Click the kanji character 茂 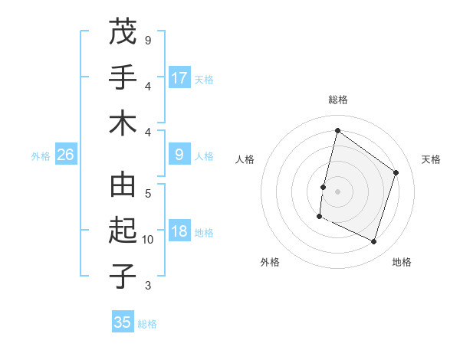pyautogui.click(x=123, y=31)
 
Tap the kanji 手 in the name pyautogui.click(x=123, y=77)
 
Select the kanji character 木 pyautogui.click(x=123, y=123)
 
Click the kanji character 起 pyautogui.click(x=123, y=230)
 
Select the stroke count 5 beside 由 pyautogui.click(x=148, y=194)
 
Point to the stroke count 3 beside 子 pyautogui.click(x=148, y=286)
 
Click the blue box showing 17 pyautogui.click(x=179, y=78)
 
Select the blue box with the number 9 pyautogui.click(x=179, y=155)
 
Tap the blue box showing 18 pyautogui.click(x=179, y=232)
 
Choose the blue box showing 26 pyautogui.click(x=66, y=155)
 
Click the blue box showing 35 pyautogui.click(x=123, y=322)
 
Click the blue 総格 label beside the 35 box pyautogui.click(x=147, y=324)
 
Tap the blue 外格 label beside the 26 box pyautogui.click(x=41, y=156)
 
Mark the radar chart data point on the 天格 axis pyautogui.click(x=396, y=172)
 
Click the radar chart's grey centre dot pyautogui.click(x=337, y=191)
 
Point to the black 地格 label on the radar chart pyautogui.click(x=402, y=262)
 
